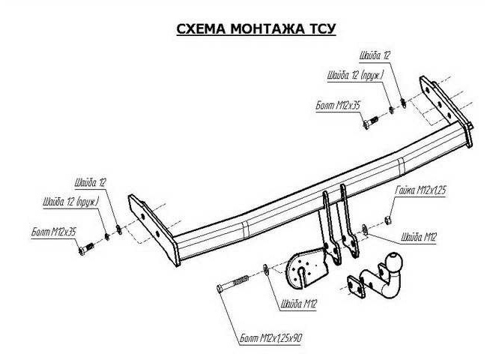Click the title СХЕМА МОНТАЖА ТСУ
[245, 29]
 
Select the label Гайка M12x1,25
[420, 190]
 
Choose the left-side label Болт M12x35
[55, 233]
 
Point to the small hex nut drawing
[388, 219]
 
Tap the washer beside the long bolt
[268, 268]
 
